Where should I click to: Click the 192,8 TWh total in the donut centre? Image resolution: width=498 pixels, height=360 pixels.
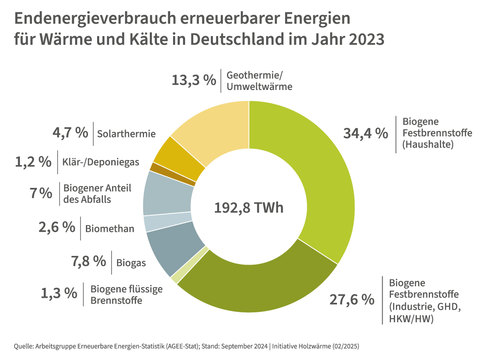click(249, 207)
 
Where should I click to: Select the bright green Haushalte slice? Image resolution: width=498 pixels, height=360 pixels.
click(315, 166)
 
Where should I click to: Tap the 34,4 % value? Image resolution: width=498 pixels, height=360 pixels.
click(366, 133)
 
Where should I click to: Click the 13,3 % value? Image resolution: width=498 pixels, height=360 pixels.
click(194, 80)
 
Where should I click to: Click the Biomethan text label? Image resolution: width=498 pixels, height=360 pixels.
click(110, 229)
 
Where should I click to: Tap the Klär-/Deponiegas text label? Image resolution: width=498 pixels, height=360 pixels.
click(101, 162)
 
